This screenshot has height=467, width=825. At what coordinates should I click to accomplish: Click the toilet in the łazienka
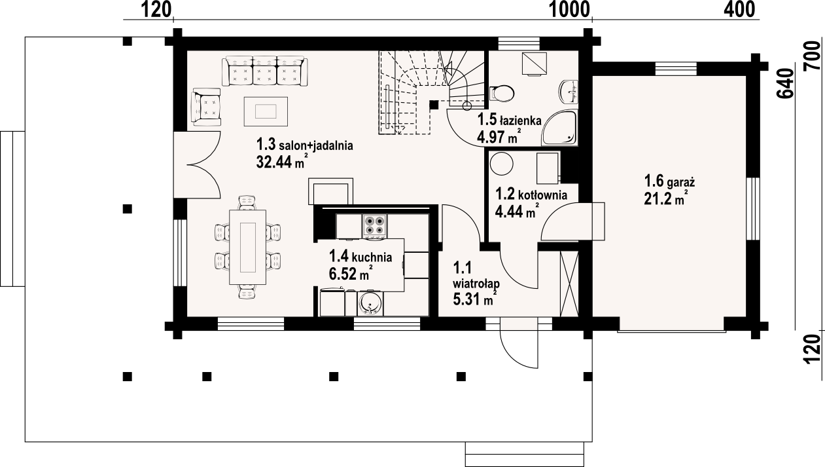coord(501,94)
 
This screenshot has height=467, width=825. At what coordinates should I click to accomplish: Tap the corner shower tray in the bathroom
coord(559,128)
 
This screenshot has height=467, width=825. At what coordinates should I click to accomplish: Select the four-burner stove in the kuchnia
coord(375,225)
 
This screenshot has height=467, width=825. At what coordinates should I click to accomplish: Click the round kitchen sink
coord(370,304)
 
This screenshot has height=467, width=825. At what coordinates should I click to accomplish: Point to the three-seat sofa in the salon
coord(264,71)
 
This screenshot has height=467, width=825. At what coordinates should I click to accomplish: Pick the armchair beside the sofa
coord(206,107)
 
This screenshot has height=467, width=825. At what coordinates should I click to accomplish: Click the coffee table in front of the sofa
coord(266,111)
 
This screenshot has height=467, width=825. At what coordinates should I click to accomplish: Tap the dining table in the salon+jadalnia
coord(248,247)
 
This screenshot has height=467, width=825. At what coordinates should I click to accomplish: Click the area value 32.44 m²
coord(282,162)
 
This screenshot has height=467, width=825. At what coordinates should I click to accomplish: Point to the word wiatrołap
coord(476,284)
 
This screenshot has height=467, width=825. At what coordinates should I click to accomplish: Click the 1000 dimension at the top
coord(569,10)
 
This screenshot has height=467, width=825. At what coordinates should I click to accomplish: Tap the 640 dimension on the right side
coord(784,83)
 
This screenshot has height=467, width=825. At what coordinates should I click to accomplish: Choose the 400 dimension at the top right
coord(739,10)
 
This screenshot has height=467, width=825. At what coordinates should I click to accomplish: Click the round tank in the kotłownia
coord(502,164)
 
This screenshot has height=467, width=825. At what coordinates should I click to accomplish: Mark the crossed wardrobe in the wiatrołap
coord(569,284)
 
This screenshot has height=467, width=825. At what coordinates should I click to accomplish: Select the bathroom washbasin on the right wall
coord(569,92)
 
